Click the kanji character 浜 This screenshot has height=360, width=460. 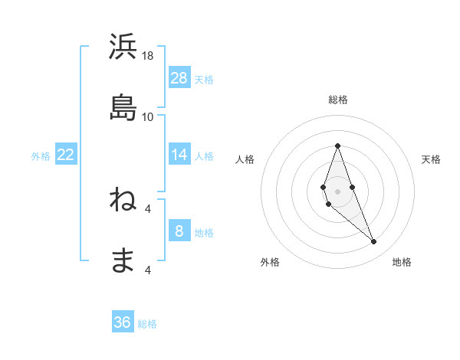(x=123, y=47)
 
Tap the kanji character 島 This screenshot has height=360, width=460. (x=123, y=108)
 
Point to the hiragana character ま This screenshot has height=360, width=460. (x=123, y=260)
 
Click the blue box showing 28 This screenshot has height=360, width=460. (x=179, y=78)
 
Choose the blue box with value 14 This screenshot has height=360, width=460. (x=179, y=155)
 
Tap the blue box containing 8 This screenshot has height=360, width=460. (x=179, y=231)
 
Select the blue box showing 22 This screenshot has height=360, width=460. (x=66, y=155)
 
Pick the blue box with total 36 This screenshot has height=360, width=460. (x=123, y=322)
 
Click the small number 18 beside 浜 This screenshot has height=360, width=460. (x=148, y=56)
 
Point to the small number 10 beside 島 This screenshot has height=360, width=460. (x=148, y=116)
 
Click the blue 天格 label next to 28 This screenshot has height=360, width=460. (x=204, y=79)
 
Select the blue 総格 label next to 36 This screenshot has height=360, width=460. (x=147, y=324)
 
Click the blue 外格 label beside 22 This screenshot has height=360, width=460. (x=41, y=155)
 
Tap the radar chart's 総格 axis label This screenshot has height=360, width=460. (x=338, y=100)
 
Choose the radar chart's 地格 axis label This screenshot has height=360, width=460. (x=402, y=262)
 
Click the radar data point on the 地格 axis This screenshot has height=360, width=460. (x=374, y=242)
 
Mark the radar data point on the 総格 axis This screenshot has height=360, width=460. (x=337, y=146)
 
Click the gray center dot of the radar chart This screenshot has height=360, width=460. (x=337, y=190)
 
